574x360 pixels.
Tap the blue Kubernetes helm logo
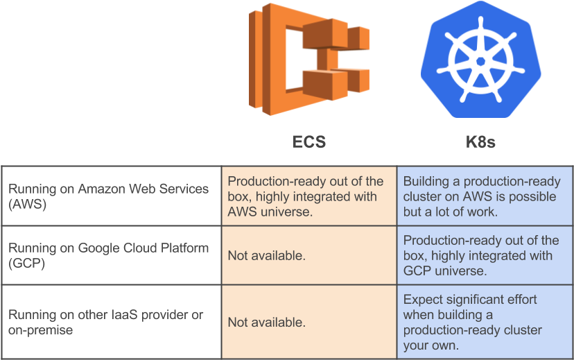pyautogui.click(x=480, y=60)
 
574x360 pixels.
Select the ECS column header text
pyautogui.click(x=309, y=142)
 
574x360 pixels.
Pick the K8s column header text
pyautogui.click(x=480, y=142)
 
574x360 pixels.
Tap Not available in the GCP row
pyautogui.click(x=266, y=256)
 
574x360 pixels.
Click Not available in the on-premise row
pyautogui.click(x=266, y=323)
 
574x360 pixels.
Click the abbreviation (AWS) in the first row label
pyautogui.click(x=28, y=204)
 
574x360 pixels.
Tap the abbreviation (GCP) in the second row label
pyautogui.click(x=28, y=264)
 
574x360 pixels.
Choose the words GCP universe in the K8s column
pyautogui.click(x=449, y=271)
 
